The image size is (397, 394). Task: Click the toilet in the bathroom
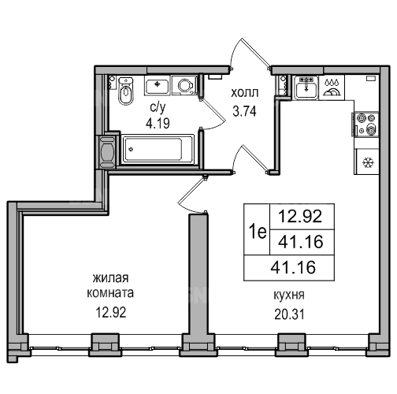(126, 91)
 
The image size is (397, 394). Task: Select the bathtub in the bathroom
(158, 149)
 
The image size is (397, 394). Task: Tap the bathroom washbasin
(157, 85)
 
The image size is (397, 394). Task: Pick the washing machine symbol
(184, 85)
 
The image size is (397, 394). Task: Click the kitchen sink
(306, 87)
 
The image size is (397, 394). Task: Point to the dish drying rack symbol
(332, 87)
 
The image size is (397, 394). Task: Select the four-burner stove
(366, 125)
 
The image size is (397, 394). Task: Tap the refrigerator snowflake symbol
(368, 163)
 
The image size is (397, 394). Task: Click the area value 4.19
(158, 123)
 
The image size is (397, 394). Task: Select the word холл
(244, 93)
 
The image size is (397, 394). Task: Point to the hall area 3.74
(244, 111)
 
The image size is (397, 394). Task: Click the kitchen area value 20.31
(289, 314)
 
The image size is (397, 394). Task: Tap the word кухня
(289, 295)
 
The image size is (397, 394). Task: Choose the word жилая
(110, 278)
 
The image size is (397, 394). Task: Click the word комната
(110, 293)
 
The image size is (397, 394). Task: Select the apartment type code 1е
(258, 232)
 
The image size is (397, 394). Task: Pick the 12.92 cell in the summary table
(300, 217)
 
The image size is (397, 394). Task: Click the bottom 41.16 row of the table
(293, 267)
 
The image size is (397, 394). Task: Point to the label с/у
(158, 108)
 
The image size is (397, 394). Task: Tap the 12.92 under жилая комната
(111, 312)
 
